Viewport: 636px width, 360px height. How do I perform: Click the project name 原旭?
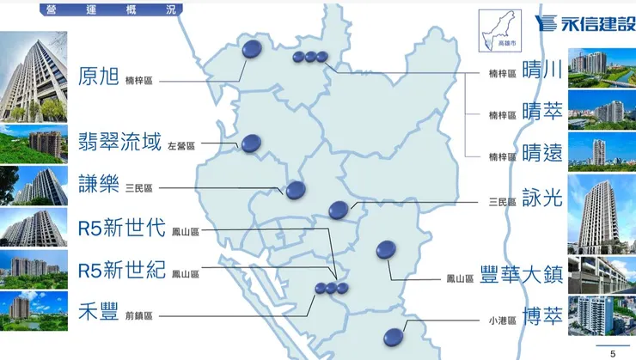97,75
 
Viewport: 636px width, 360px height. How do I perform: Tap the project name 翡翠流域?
118,142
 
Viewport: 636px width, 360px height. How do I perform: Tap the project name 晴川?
541,71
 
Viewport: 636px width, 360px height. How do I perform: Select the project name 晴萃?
541,113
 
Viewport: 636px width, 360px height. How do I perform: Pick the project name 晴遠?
541,154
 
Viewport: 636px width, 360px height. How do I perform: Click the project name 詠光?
541,199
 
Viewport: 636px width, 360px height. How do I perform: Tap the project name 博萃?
541,318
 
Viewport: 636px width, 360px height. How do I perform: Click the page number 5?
613,353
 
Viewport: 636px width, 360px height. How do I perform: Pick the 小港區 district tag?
503,320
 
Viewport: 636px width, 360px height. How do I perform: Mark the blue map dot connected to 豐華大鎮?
386,250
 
